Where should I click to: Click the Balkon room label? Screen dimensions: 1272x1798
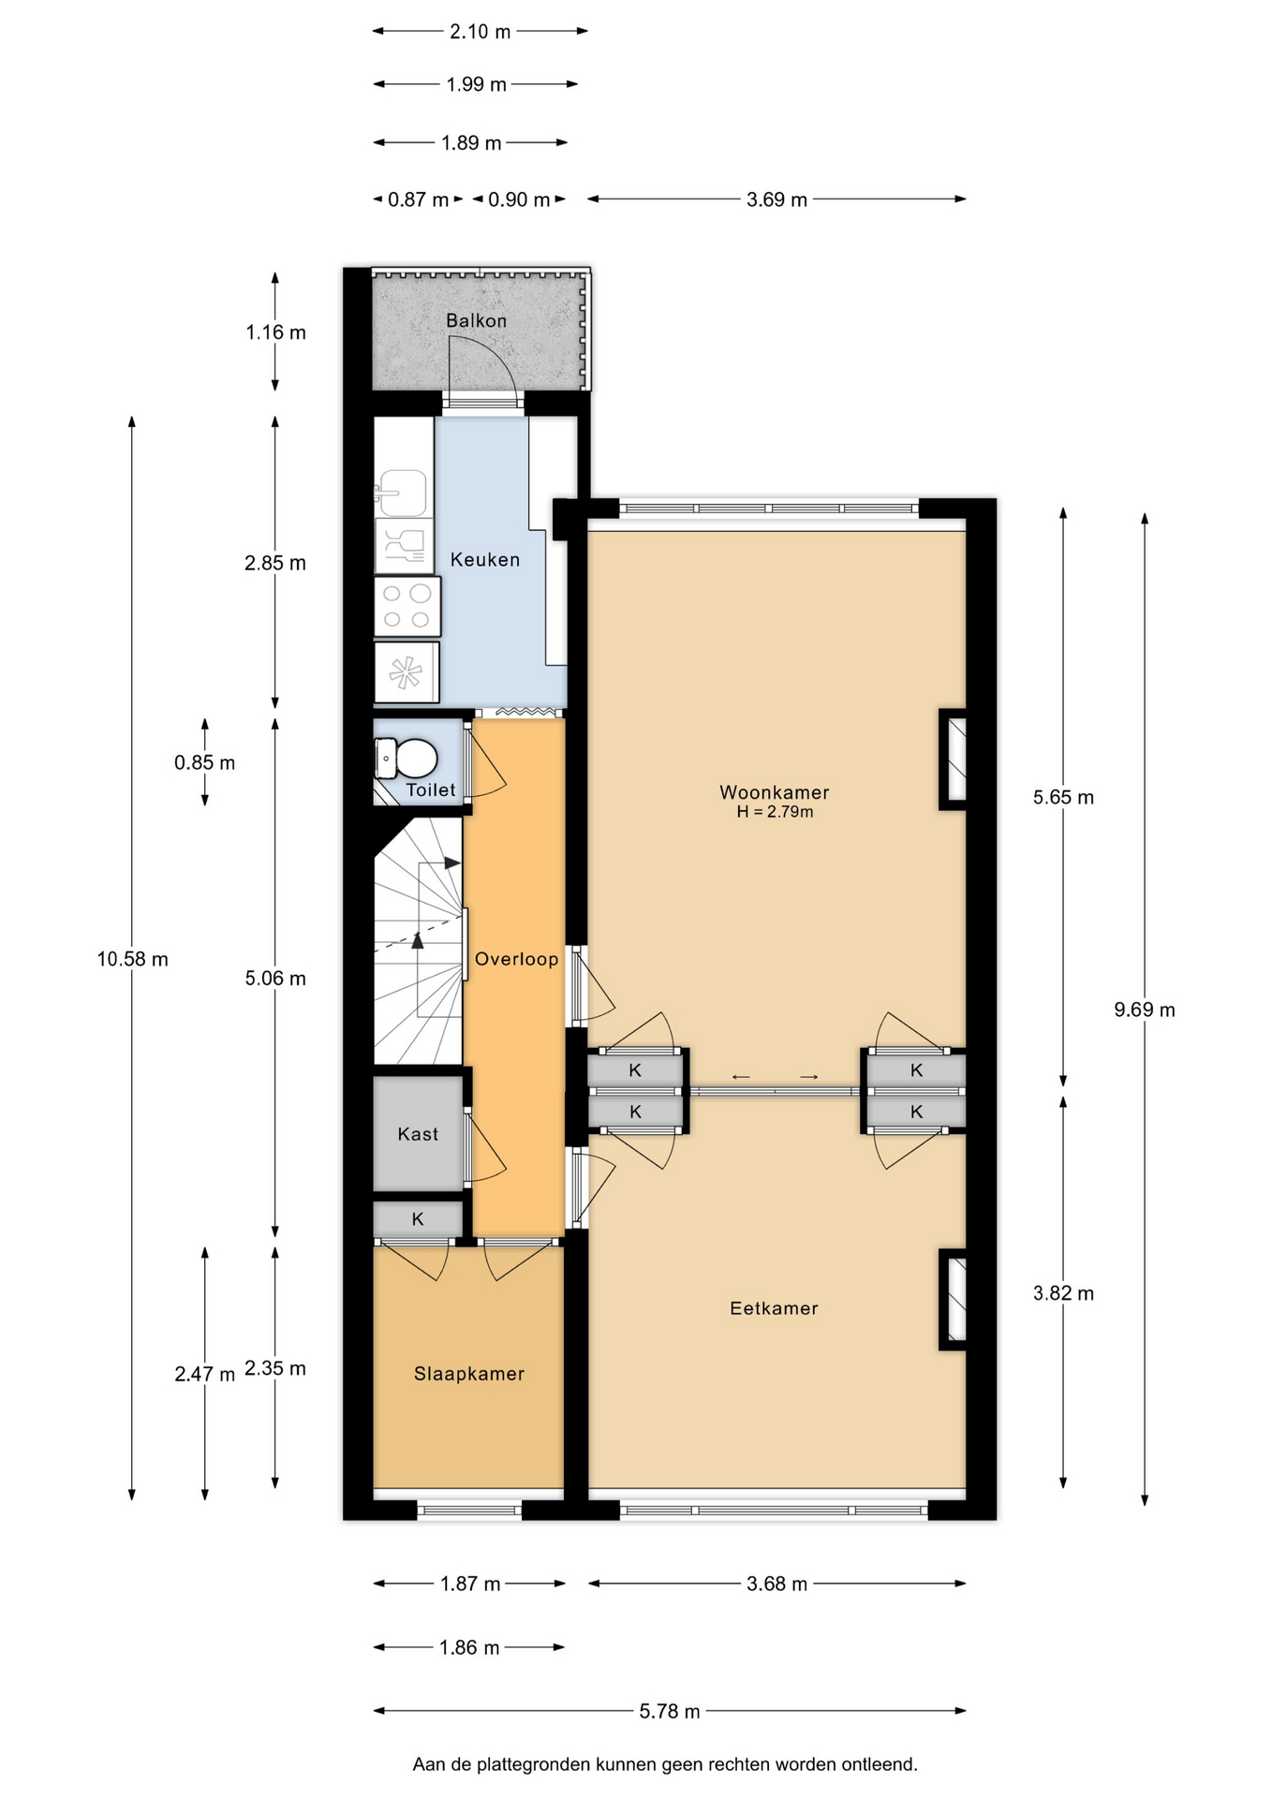pyautogui.click(x=476, y=320)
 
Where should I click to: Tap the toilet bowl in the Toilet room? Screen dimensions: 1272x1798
pyautogui.click(x=407, y=758)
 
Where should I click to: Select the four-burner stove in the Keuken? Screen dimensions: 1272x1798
pyautogui.click(x=407, y=606)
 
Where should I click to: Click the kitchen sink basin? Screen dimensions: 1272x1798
pyautogui.click(x=403, y=493)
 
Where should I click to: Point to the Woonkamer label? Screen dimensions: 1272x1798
pyautogui.click(x=774, y=792)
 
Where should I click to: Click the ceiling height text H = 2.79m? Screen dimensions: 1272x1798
pyautogui.click(x=775, y=812)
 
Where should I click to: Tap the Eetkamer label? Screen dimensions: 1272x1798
pyautogui.click(x=774, y=1308)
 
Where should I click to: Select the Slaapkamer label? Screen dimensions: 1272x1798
pyautogui.click(x=469, y=1374)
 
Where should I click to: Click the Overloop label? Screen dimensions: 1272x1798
pyautogui.click(x=516, y=959)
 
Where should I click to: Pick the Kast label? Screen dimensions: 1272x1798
pyautogui.click(x=418, y=1134)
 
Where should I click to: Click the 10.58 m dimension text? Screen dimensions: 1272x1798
pyautogui.click(x=132, y=959)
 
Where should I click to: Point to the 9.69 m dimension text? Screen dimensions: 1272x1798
pyautogui.click(x=1144, y=1010)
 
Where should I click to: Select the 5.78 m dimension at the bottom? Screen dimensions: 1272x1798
pyautogui.click(x=670, y=1711)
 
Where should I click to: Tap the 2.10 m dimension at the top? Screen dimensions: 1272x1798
pyautogui.click(x=480, y=32)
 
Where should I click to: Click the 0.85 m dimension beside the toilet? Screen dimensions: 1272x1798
pyautogui.click(x=204, y=762)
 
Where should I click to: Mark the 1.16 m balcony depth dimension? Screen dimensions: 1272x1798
pyautogui.click(x=275, y=332)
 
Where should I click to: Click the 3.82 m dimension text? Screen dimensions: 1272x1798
pyautogui.click(x=1063, y=1293)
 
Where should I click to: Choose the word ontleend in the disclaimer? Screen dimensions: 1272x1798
pyautogui.click(x=879, y=1764)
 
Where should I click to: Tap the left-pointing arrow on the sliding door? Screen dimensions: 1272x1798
pyautogui.click(x=741, y=1077)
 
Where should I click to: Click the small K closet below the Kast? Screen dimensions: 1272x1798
pyautogui.click(x=418, y=1219)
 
